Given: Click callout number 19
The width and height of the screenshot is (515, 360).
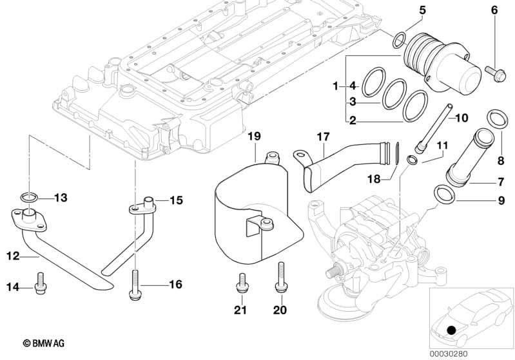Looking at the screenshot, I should click(x=254, y=136).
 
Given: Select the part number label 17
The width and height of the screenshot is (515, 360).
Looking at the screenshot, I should click(x=323, y=137).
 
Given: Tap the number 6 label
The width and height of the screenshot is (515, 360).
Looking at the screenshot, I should click(x=494, y=10).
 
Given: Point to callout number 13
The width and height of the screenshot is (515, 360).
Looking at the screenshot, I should click(x=61, y=198).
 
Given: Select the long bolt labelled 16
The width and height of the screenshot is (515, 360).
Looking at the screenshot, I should click(x=135, y=284).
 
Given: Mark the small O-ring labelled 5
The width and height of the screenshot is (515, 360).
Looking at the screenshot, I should click(x=400, y=41).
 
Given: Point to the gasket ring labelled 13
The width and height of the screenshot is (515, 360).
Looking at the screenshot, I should click(x=28, y=196).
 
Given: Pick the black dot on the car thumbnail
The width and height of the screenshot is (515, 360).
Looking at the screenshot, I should click(x=451, y=330).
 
